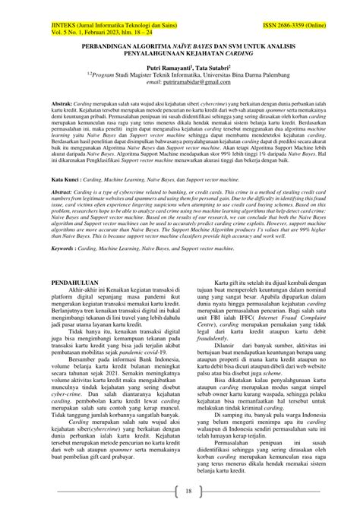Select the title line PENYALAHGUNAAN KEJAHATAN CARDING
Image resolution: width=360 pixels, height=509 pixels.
click(179, 54)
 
